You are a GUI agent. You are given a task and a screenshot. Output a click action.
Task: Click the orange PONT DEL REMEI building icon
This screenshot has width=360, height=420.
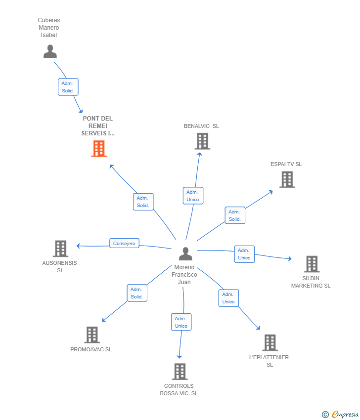(x=98, y=149)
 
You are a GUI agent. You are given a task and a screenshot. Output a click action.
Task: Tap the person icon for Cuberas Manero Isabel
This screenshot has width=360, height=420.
(x=50, y=51)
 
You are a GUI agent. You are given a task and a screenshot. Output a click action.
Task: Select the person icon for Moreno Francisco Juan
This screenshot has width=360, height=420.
(x=185, y=254)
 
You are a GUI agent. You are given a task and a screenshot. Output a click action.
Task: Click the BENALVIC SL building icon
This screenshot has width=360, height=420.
(x=202, y=141)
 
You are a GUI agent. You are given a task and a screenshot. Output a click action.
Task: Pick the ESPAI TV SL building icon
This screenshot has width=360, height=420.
(x=287, y=179)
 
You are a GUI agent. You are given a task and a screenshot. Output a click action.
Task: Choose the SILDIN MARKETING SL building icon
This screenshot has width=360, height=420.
(x=312, y=264)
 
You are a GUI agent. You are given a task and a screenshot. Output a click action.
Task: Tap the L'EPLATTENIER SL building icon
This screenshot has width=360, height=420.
(x=270, y=342)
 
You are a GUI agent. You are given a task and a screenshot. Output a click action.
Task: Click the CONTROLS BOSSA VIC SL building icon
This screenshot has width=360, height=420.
(x=180, y=372)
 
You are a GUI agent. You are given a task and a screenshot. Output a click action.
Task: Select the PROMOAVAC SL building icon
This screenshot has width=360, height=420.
(x=91, y=335)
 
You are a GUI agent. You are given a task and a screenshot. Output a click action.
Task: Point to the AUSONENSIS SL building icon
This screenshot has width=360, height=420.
(x=60, y=249)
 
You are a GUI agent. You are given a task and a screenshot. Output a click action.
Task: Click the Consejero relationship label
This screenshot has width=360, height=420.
(x=124, y=243)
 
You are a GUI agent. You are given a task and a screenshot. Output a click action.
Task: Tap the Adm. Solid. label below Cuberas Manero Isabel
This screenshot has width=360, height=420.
(x=68, y=87)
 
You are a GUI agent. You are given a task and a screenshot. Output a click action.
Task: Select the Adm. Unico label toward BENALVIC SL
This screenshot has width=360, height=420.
(x=193, y=196)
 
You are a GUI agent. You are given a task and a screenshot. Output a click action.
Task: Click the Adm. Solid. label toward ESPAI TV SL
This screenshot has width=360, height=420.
(x=235, y=215)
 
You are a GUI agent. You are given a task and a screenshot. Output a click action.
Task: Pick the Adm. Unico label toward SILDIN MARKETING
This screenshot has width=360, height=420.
(x=244, y=254)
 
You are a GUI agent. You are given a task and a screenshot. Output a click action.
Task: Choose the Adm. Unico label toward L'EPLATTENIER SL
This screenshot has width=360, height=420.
(x=228, y=298)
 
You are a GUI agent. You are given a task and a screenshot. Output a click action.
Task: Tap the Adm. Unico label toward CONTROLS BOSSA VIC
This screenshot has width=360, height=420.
(x=181, y=322)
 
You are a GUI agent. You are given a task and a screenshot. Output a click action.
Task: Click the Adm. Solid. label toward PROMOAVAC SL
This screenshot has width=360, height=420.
(x=136, y=293)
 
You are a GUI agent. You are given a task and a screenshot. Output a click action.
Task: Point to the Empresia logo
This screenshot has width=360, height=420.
(x=341, y=414)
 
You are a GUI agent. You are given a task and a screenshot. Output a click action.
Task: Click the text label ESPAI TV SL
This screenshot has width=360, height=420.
(x=286, y=164)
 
